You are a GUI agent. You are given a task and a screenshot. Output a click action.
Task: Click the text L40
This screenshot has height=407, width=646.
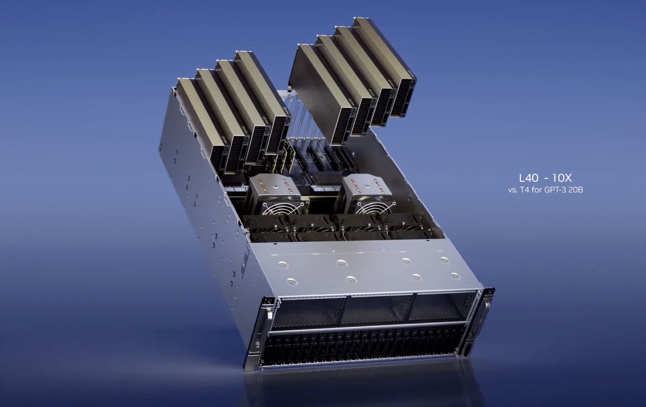point(528,178)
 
